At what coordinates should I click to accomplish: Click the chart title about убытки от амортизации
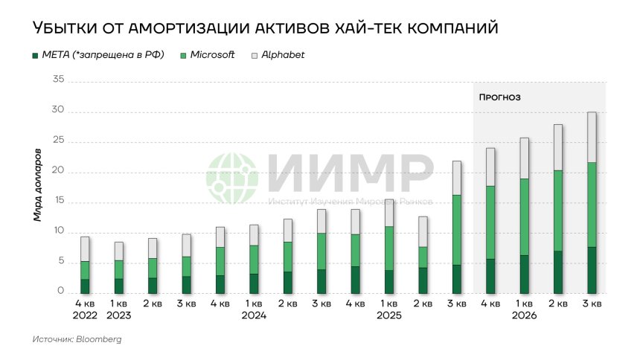(264, 28)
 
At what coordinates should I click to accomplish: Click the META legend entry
(97, 55)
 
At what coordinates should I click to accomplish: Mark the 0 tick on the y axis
(62, 292)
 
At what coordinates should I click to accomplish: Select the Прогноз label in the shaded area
(499, 97)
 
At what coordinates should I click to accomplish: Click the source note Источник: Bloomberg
(77, 339)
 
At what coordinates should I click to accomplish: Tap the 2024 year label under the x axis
(254, 315)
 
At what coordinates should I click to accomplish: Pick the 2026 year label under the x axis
(524, 315)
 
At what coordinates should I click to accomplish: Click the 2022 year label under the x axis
(86, 315)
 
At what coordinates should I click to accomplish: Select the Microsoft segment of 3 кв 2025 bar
(457, 230)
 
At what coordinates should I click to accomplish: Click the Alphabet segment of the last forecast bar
(592, 137)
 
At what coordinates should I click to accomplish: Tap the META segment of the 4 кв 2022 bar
(86, 286)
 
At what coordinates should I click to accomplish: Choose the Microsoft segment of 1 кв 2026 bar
(524, 217)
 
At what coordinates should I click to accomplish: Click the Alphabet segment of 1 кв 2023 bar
(119, 251)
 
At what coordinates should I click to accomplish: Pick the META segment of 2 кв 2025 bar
(423, 280)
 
